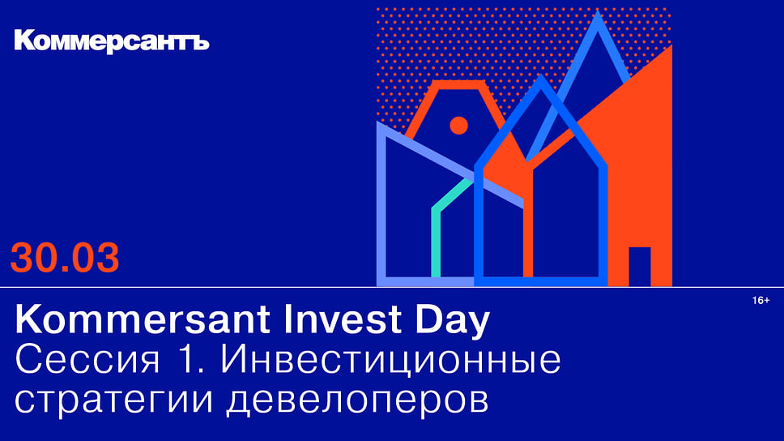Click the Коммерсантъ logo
tap(112, 41)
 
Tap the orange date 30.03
tap(65, 258)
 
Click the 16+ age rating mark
tap(761, 300)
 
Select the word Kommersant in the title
tap(145, 319)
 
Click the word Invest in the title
tap(343, 319)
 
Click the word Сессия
tap(87, 360)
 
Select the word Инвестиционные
tap(391, 361)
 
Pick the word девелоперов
tap(357, 400)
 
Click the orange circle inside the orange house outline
tap(458, 125)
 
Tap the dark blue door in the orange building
tap(640, 266)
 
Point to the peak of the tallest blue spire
tap(598, 12)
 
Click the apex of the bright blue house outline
tap(540, 75)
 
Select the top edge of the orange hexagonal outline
tap(458, 84)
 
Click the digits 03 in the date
tap(95, 258)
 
